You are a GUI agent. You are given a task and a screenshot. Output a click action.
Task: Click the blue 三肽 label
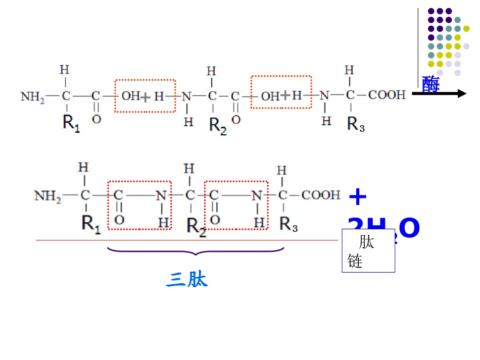coord(186,280)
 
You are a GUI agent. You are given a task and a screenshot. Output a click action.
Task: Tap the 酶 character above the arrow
coord(430,84)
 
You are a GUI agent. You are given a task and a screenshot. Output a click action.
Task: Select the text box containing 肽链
coord(368,251)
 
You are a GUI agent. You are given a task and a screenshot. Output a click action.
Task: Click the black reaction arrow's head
coord(461,93)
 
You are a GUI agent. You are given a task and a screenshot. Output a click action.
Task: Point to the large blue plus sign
coord(358,197)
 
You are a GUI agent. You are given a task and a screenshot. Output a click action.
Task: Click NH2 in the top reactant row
coord(32,96)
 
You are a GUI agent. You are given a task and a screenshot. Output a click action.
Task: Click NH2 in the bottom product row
coord(47,195)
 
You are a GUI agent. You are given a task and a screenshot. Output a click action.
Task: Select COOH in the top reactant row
coord(387,94)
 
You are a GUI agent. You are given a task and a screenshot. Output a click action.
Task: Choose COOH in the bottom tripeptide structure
coord(321,194)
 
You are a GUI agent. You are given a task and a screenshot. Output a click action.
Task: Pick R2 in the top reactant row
coord(218,126)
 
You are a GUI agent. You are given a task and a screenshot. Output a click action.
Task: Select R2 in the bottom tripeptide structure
coord(196,225)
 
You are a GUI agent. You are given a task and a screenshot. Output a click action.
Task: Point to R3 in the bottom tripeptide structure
coord(289,225)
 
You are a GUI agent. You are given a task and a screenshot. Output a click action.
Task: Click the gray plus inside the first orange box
coord(146,97)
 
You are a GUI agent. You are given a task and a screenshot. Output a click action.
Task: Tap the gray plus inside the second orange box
coord(285,95)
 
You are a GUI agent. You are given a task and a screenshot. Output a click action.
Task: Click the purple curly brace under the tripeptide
coord(196,251)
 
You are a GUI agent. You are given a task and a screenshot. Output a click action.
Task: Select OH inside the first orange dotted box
coord(131,96)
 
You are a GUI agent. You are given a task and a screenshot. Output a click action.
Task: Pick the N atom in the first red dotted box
coord(161,195)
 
